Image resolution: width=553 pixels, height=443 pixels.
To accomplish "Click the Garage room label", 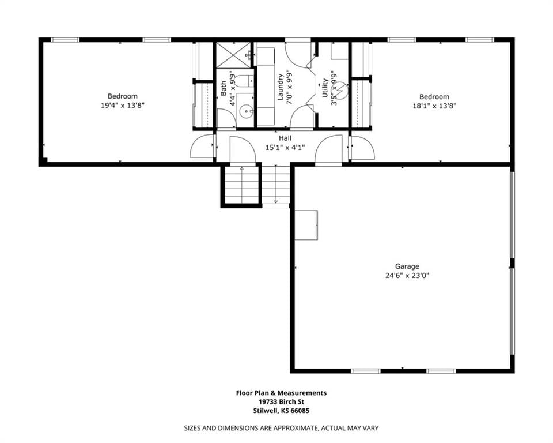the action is (x=407, y=266).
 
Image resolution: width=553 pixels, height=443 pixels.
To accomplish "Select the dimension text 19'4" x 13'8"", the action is (x=123, y=105).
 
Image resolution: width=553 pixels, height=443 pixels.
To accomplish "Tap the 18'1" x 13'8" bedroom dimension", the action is (x=434, y=106).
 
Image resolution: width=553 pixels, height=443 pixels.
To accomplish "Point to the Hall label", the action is (x=285, y=138).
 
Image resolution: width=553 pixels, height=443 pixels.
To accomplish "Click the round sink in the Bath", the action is (x=245, y=112).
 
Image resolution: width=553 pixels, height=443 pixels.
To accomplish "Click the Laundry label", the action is (x=281, y=87).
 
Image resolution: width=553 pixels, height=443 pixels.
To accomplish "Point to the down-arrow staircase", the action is (x=276, y=185).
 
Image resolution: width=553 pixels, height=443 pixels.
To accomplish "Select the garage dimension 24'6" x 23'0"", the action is (x=407, y=275).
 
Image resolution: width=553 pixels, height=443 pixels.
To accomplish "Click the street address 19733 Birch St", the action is (x=282, y=401).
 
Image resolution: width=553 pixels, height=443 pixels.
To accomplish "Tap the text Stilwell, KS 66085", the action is (x=282, y=411).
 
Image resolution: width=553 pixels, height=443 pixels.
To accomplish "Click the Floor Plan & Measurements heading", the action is (x=282, y=392).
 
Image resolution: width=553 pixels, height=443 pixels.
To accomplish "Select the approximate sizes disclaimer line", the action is (x=282, y=428).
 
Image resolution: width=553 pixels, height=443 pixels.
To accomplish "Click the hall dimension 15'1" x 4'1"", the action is (x=285, y=147).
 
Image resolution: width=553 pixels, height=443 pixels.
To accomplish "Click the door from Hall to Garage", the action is (x=328, y=150).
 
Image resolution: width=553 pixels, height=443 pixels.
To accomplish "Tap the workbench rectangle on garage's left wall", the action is (x=306, y=225).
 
